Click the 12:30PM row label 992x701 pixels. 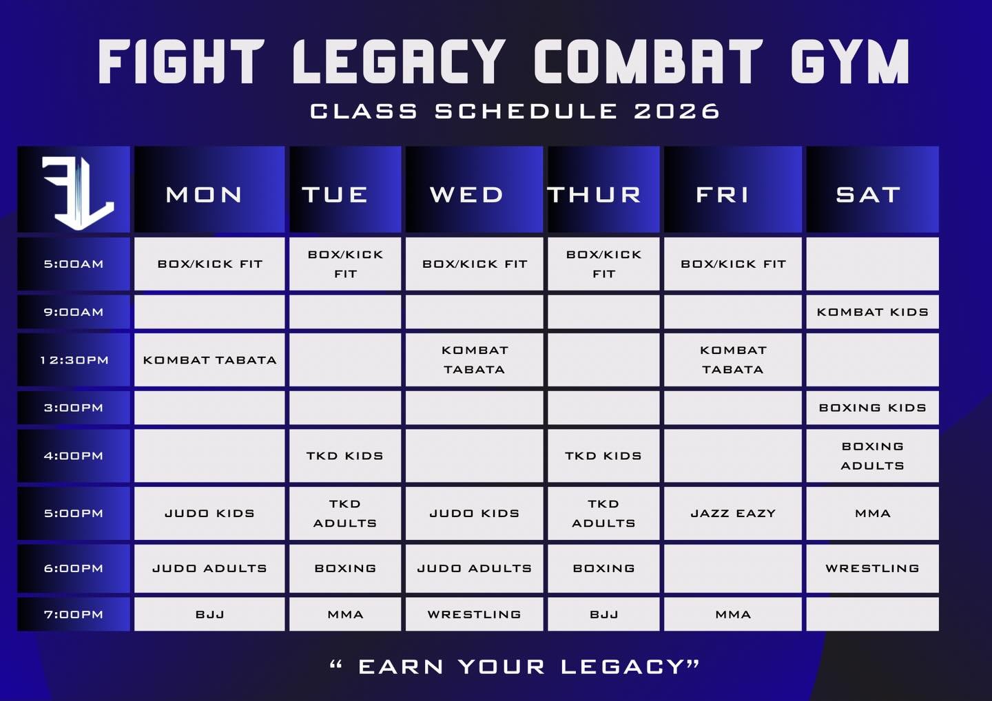coord(74,359)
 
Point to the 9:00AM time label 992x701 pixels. coord(74,312)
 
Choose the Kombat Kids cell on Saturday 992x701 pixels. coord(872,312)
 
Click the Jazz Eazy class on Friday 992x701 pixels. coord(733,514)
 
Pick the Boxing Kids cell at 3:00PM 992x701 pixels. coord(872,408)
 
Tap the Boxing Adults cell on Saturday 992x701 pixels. coord(872,456)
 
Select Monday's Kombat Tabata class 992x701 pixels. coord(209,359)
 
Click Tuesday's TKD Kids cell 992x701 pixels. coord(345,456)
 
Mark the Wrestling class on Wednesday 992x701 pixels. coord(474,614)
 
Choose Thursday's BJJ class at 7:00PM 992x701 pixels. coord(603,614)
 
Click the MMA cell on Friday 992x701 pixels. coord(733,614)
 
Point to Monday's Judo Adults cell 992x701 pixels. coord(209,568)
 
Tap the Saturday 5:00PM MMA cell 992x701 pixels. coord(872,514)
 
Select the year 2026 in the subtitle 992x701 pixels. coord(676,111)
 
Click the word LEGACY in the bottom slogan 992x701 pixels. coord(630,667)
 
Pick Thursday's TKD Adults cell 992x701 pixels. coord(603,514)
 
